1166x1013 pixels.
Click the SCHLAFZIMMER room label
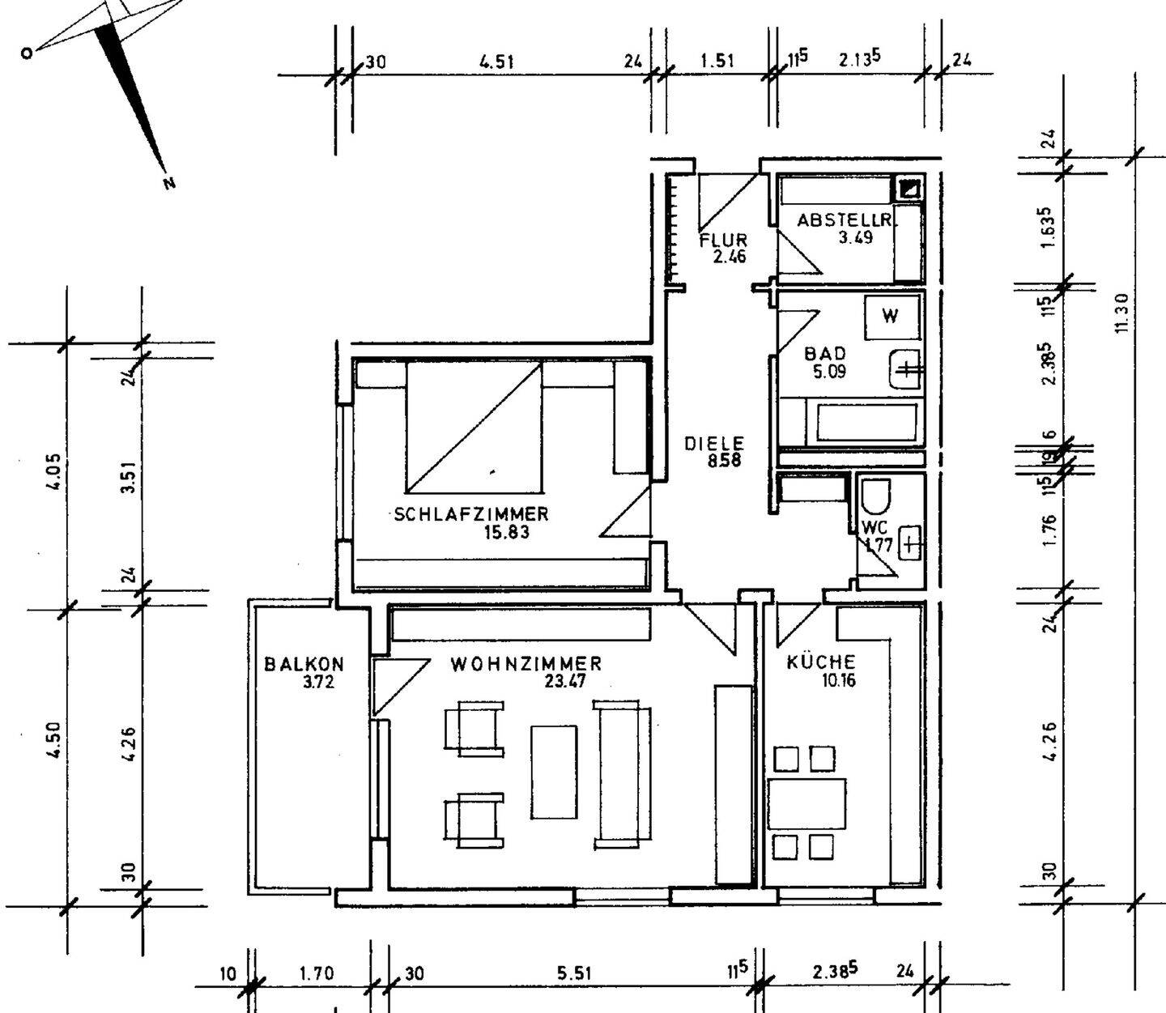(471, 514)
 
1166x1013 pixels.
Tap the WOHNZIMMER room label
(526, 664)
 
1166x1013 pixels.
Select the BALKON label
(304, 664)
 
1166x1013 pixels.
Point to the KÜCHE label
(821, 662)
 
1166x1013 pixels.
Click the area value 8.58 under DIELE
(725, 461)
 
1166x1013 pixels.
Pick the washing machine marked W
(892, 317)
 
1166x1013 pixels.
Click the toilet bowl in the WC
(876, 497)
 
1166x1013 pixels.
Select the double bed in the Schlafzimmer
(474, 427)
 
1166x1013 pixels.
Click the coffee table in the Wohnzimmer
(554, 773)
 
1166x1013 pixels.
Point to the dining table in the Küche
(807, 804)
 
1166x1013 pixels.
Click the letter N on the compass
(168, 184)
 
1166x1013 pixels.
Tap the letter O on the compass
(26, 53)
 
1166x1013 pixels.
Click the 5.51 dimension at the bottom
(574, 973)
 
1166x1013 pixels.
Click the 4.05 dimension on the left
(55, 472)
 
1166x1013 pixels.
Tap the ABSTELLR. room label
(845, 220)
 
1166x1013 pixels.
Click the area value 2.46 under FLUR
(730, 257)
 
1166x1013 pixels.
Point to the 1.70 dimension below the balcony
(317, 973)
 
